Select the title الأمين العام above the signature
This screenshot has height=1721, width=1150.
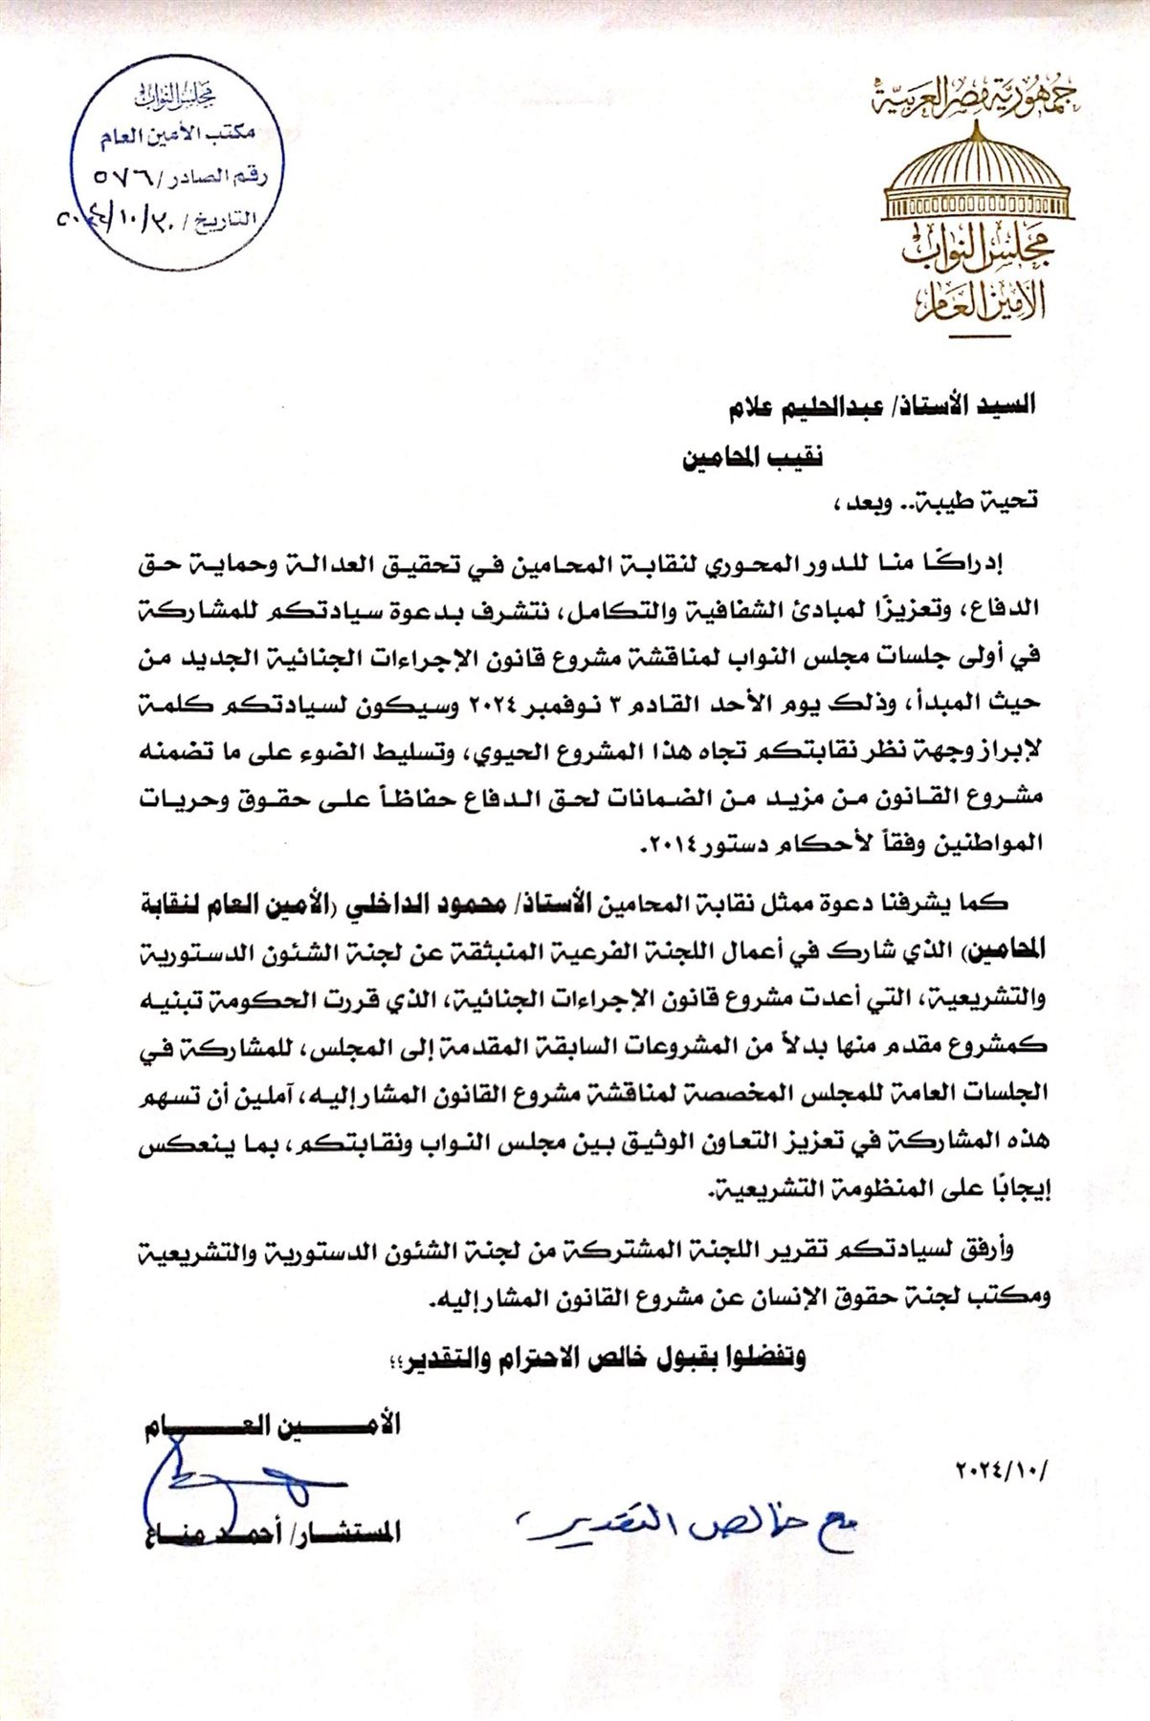tap(273, 1426)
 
